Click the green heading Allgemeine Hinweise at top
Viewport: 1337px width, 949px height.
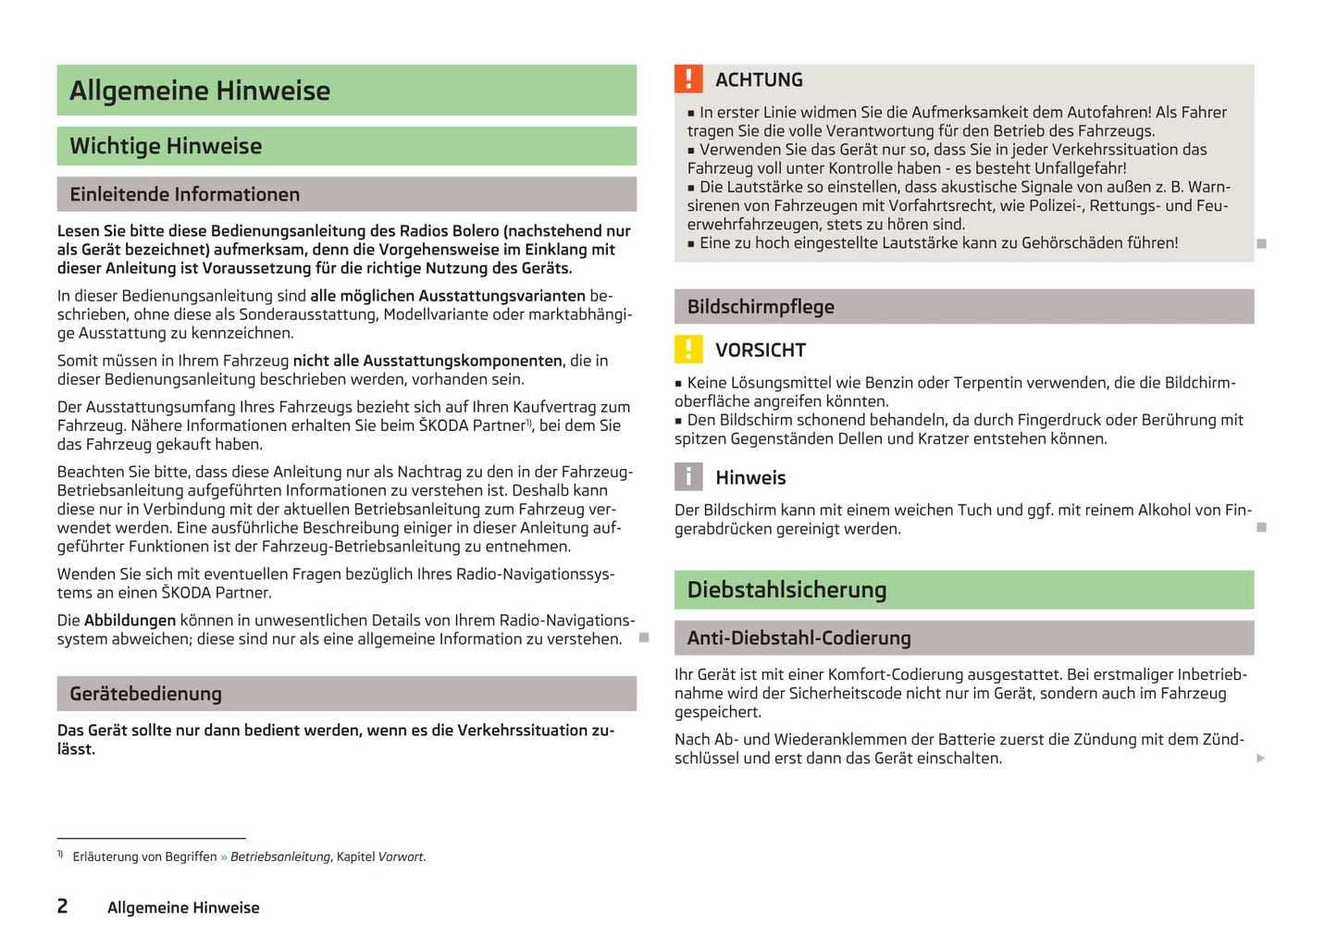coord(200,91)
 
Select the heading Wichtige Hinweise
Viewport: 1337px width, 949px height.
coord(166,146)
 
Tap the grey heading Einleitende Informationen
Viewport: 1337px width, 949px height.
coord(185,194)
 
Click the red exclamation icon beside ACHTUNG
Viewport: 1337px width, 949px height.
coord(688,80)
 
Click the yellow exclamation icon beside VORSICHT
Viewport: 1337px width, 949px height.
coord(688,350)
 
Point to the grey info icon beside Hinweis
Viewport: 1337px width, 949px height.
coord(688,477)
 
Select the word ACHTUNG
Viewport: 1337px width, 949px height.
coord(759,80)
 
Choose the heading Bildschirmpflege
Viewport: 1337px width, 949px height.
coord(761,307)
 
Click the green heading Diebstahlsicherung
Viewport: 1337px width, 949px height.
coord(786,590)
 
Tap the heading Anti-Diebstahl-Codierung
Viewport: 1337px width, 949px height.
coord(798,638)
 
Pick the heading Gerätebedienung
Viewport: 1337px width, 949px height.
coord(145,694)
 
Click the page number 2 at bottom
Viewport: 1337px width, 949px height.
coord(62,906)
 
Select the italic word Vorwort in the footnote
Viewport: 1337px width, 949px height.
coord(402,857)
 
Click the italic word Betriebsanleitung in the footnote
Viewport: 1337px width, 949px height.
coord(279,857)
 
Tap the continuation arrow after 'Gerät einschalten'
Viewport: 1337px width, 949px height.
coord(1260,758)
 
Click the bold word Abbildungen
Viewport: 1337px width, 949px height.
coord(130,621)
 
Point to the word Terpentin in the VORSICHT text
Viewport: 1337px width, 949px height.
coord(990,383)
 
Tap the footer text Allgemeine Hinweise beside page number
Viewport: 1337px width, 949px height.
coord(183,908)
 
